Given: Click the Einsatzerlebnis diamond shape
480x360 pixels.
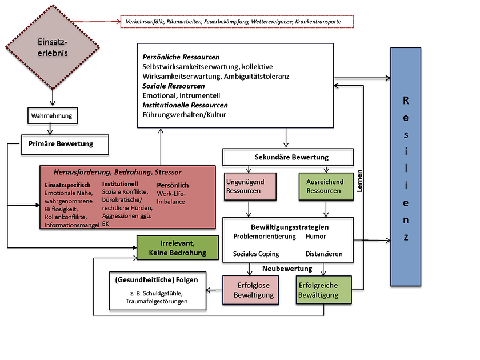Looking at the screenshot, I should point(52,49).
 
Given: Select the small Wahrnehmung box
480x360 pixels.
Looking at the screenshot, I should point(52,116).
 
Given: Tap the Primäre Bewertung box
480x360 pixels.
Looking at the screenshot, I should point(65,145).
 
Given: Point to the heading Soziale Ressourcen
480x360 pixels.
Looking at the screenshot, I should point(174,86).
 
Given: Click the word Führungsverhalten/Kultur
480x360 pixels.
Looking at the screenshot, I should point(184,115).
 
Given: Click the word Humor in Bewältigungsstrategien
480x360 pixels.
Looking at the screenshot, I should point(315,237).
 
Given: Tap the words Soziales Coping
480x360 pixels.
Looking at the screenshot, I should point(256,254).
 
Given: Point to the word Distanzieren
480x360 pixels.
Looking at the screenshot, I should point(324,254).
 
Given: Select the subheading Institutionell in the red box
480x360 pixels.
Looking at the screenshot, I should point(121,185).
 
